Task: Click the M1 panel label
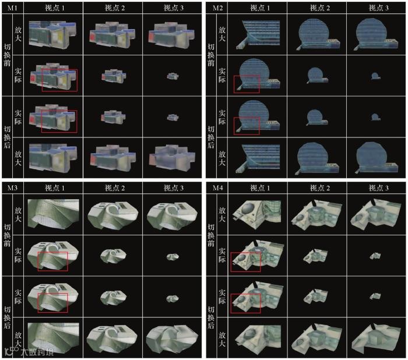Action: (12, 8)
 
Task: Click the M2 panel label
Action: (217, 8)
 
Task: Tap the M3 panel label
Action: (12, 188)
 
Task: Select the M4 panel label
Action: (217, 188)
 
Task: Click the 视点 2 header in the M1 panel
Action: (115, 8)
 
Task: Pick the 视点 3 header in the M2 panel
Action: (379, 8)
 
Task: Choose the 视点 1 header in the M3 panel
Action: (55, 188)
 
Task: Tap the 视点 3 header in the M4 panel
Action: (379, 188)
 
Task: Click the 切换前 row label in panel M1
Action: (7, 55)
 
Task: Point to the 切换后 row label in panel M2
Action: (211, 137)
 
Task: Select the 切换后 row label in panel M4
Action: (211, 317)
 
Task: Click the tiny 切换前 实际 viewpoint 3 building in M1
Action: (173, 76)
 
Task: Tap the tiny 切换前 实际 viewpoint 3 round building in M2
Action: (375, 76)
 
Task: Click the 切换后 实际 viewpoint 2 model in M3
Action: (113, 297)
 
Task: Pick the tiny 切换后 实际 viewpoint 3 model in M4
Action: (375, 297)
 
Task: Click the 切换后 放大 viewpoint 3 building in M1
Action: (172, 157)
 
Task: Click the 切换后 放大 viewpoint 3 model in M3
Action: (172, 338)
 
